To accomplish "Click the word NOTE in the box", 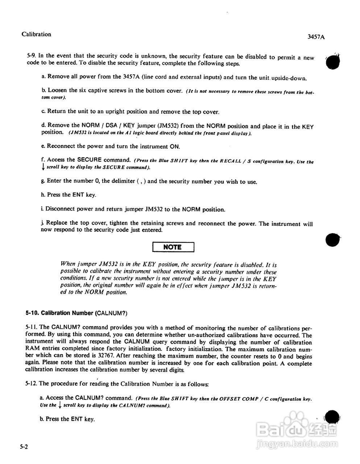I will pyautogui.click(x=173, y=247).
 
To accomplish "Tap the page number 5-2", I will pyautogui.click(x=24, y=447).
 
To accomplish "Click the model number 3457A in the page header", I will pyautogui.click(x=315, y=37).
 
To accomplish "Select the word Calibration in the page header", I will pyautogui.click(x=36, y=34).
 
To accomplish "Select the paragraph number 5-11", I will pyautogui.click(x=32, y=328).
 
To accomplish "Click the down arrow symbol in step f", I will pyautogui.click(x=43, y=167).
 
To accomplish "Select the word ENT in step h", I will pyautogui.click(x=78, y=195).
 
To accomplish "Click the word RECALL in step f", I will pyautogui.click(x=231, y=161).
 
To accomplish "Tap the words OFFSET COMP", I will pyautogui.click(x=237, y=399).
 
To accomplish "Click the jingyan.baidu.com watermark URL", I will pyautogui.click(x=294, y=443).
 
